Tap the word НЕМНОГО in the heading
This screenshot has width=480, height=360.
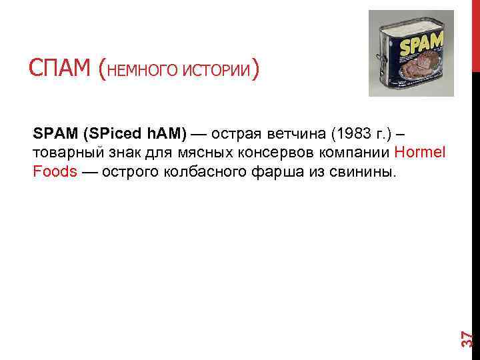(x=139, y=69)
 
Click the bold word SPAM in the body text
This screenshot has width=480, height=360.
(x=55, y=133)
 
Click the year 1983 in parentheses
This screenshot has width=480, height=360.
(x=353, y=133)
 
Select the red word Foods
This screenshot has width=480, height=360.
(x=54, y=171)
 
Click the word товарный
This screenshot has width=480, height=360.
(x=65, y=153)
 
